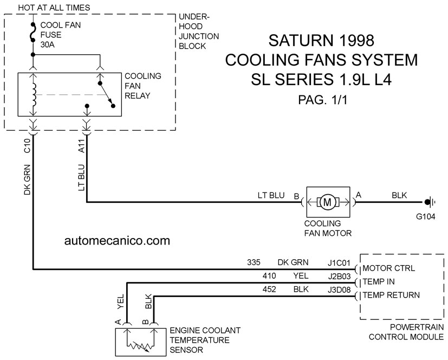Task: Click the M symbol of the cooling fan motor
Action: pyautogui.click(x=327, y=202)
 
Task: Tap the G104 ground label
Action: pyautogui.click(x=425, y=216)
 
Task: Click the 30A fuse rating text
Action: pyautogui.click(x=48, y=44)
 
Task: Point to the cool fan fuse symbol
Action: pyautogui.click(x=33, y=33)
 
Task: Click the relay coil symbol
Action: pyautogui.click(x=34, y=94)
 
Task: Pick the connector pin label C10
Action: pyautogui.click(x=27, y=145)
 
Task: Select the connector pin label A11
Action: pyautogui.click(x=81, y=146)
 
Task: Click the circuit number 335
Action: pyautogui.click(x=254, y=262)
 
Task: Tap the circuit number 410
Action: pyautogui.click(x=269, y=275)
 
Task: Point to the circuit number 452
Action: pyautogui.click(x=269, y=290)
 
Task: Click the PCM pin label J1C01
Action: pyautogui.click(x=339, y=262)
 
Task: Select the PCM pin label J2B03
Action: pyautogui.click(x=339, y=276)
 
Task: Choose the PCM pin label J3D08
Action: pyautogui.click(x=339, y=290)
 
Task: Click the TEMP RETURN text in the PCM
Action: pyautogui.click(x=391, y=295)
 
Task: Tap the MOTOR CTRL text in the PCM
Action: pyautogui.click(x=388, y=268)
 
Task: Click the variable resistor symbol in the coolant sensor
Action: pyautogui.click(x=139, y=346)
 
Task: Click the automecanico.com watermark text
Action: pyautogui.click(x=117, y=241)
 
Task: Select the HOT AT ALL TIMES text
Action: pyautogui.click(x=54, y=8)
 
